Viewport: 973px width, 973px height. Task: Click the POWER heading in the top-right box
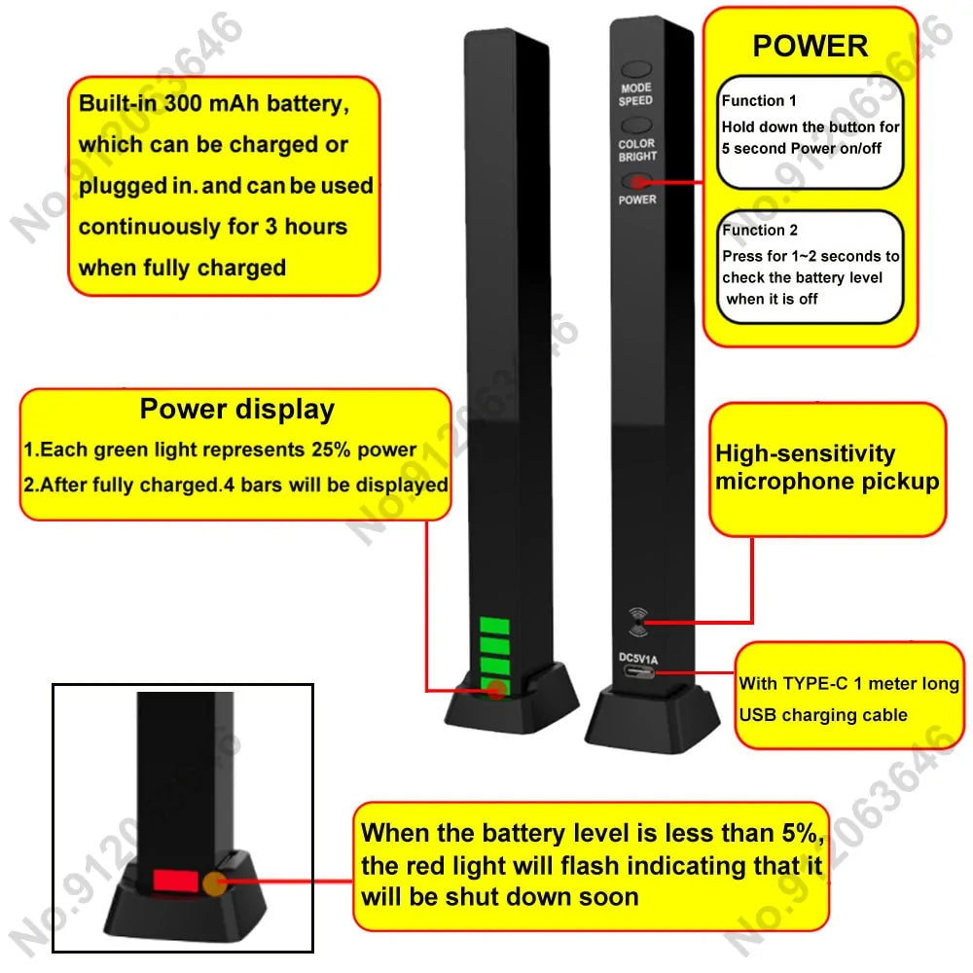(810, 46)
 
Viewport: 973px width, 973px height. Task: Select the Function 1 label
(759, 100)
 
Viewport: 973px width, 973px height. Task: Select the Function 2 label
(760, 231)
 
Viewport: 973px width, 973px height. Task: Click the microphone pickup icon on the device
(637, 620)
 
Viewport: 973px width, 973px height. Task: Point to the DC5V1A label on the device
(638, 659)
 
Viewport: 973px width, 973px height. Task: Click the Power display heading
(236, 410)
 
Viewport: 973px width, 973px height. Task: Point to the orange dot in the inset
(214, 883)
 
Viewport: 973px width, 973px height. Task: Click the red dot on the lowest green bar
(496, 690)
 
